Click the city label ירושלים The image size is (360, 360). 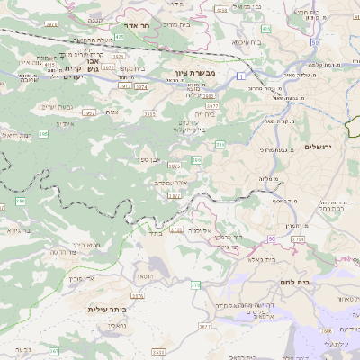click(319, 147)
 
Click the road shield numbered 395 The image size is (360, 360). click(43, 133)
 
